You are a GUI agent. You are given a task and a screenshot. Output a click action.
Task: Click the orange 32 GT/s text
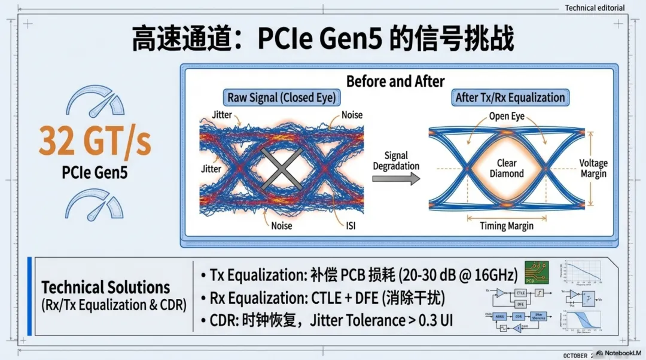(95, 141)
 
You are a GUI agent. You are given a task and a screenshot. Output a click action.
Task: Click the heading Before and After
(395, 81)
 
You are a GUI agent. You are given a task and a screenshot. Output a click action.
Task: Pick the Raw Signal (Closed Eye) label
(281, 97)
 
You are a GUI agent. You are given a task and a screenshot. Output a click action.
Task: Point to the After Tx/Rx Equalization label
(510, 97)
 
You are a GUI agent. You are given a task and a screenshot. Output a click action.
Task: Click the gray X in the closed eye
(281, 169)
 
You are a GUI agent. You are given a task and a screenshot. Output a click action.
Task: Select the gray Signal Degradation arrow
(396, 179)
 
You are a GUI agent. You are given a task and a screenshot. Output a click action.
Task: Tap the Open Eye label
(507, 116)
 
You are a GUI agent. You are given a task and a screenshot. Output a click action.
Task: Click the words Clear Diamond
(507, 168)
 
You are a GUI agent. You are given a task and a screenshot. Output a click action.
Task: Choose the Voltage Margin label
(593, 168)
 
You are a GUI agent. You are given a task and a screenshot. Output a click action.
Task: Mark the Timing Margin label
(507, 226)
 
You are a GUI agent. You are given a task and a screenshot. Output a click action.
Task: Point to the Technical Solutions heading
(106, 287)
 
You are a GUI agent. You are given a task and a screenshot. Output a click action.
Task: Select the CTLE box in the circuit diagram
(520, 293)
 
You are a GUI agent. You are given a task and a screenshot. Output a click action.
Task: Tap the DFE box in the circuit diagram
(520, 304)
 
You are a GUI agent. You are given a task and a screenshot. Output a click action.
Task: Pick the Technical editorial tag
(595, 8)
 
